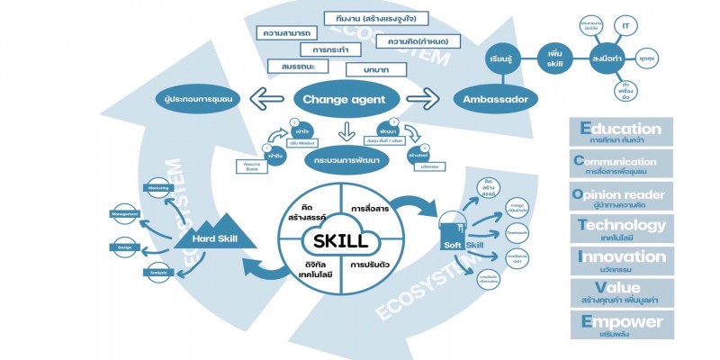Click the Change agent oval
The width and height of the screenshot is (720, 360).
tap(344, 98)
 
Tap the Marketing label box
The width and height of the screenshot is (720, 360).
tap(158, 188)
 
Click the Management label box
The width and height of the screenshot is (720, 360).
tap(124, 214)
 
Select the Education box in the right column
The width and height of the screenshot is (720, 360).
tap(622, 134)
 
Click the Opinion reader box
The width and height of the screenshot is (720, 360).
tap(622, 197)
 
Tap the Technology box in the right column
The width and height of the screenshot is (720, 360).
tap(622, 229)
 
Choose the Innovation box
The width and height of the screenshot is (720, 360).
tap(622, 261)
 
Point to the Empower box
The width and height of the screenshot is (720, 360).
tap(622, 325)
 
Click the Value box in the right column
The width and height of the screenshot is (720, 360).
tap(622, 292)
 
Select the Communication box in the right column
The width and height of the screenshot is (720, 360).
tap(622, 166)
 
